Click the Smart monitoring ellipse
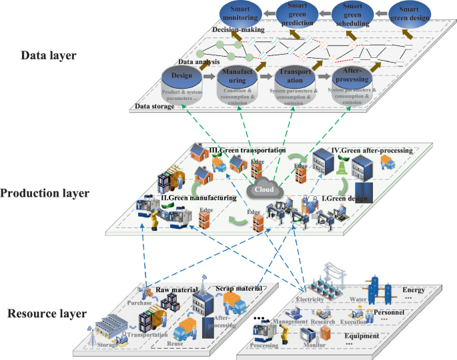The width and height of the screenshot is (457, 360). [x=240, y=13]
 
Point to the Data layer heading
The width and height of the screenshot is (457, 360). [x=49, y=55]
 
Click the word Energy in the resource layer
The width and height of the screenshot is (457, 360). [x=413, y=290]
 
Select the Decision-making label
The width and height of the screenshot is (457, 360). [x=239, y=30]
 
